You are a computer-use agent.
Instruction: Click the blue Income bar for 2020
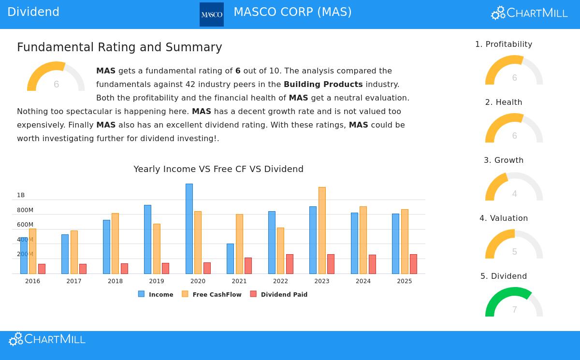point(189,229)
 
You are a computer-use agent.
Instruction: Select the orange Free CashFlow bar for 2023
point(322,230)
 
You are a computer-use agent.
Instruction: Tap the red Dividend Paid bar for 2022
point(290,264)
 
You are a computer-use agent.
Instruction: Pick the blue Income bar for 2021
point(230,259)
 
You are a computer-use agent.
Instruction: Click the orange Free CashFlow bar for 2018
point(115,243)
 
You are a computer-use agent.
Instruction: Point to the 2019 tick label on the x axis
point(157,281)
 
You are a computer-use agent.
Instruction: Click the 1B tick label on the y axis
point(21,195)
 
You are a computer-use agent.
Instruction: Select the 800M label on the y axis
point(25,210)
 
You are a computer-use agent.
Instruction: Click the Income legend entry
point(156,294)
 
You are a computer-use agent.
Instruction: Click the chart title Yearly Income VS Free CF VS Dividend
point(218,169)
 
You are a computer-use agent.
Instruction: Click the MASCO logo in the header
point(212,14)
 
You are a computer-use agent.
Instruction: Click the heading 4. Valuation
point(504,218)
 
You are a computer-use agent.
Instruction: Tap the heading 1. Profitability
point(504,44)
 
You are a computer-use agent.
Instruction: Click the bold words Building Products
point(323,85)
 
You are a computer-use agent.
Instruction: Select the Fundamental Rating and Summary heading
point(119,47)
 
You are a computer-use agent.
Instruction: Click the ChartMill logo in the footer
point(47,339)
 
